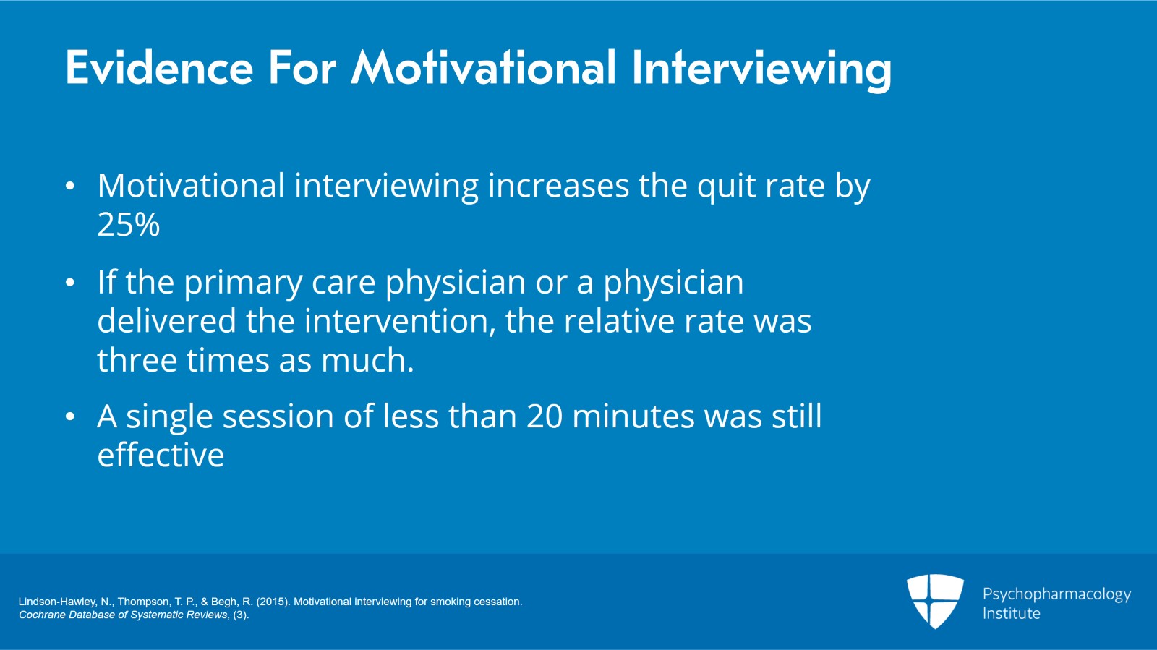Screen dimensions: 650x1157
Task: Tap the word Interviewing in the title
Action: pos(761,69)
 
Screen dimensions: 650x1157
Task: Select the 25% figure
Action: pos(128,225)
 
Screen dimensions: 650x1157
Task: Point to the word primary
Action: pos(242,283)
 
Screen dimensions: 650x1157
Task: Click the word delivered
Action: pos(166,321)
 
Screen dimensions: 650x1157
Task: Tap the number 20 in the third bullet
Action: pos(544,416)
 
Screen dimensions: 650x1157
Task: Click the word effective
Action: pos(161,456)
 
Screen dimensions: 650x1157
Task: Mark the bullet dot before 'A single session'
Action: pos(69,417)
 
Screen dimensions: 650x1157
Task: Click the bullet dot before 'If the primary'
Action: pos(69,283)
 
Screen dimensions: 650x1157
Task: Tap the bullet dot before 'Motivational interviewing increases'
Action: pos(69,187)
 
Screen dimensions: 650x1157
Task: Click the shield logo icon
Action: pos(935,600)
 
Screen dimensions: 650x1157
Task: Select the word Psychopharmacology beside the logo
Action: pos(1056,594)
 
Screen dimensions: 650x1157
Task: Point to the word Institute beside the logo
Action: pos(1011,614)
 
